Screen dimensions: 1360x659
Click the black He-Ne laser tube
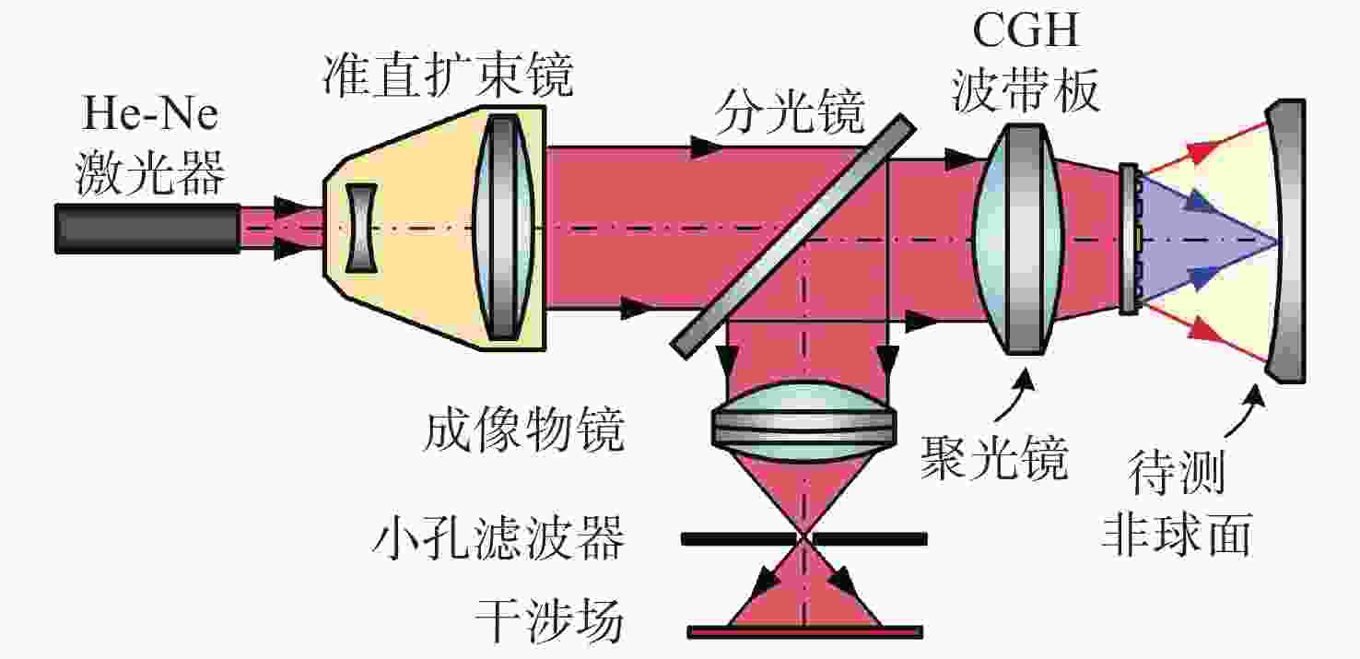click(x=147, y=229)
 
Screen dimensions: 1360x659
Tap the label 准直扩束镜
click(x=448, y=76)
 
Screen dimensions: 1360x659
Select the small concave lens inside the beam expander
click(x=361, y=228)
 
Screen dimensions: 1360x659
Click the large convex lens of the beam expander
click(x=503, y=228)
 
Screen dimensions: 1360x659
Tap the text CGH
click(x=1026, y=29)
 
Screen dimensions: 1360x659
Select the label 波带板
click(x=1026, y=90)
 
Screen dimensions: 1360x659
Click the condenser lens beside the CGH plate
click(x=1017, y=240)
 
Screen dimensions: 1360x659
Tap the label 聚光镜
click(x=994, y=459)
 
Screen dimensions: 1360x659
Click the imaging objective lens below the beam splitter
click(x=803, y=421)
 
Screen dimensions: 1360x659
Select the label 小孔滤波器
click(x=498, y=537)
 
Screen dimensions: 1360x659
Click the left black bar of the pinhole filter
click(x=738, y=539)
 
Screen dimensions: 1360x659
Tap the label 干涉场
click(x=549, y=620)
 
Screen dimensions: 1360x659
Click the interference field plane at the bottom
click(x=804, y=632)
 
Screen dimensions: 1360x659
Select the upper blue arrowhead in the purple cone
click(x=1199, y=200)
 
